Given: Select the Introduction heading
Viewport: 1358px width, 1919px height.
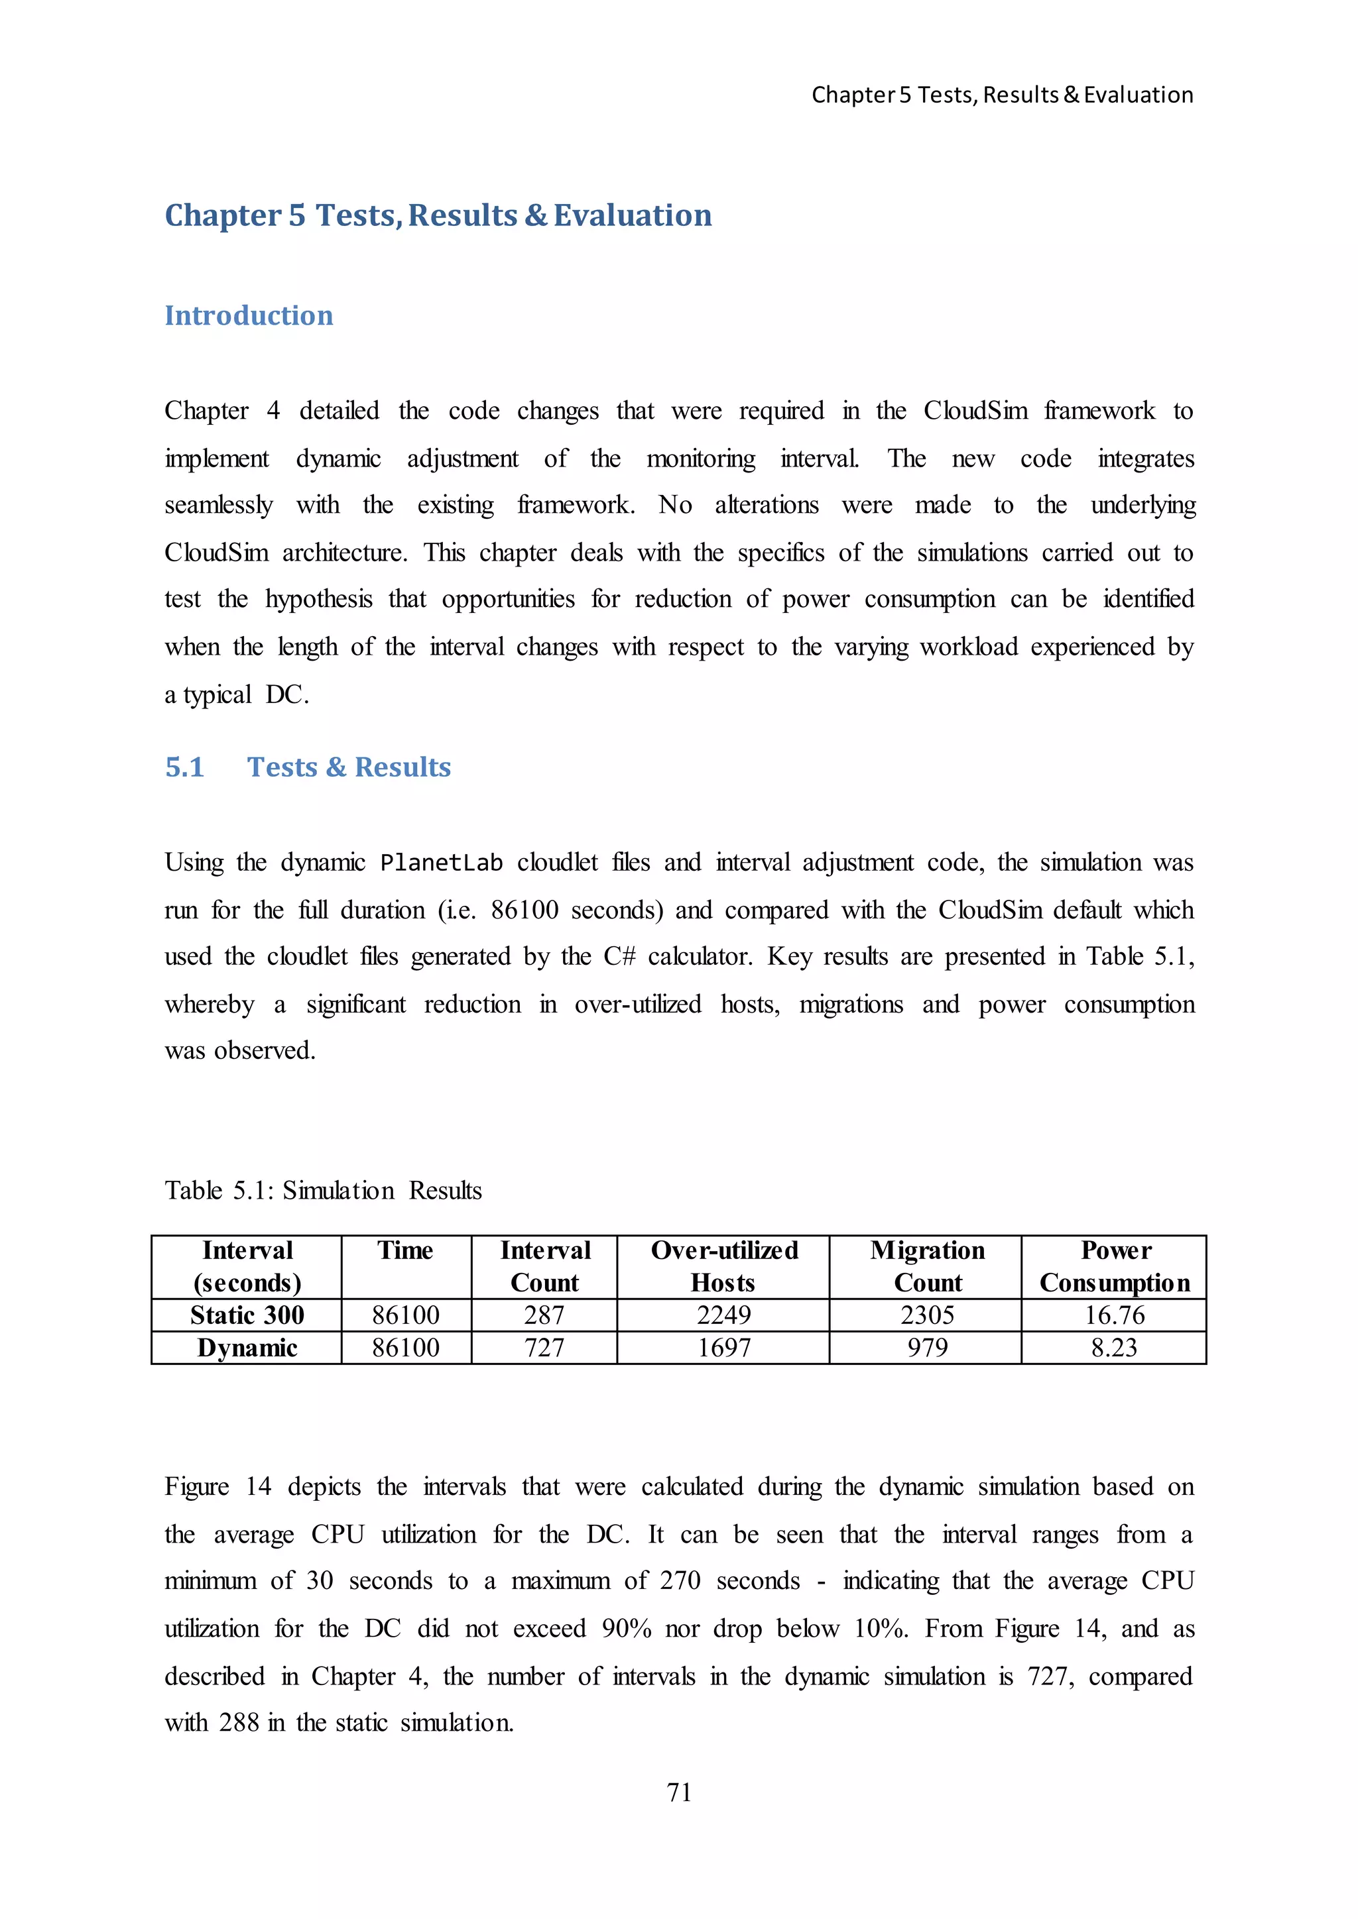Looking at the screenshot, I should coord(249,315).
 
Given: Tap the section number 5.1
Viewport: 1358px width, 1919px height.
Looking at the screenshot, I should coord(185,767).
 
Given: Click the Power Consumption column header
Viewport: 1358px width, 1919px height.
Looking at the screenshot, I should coord(1114,1266).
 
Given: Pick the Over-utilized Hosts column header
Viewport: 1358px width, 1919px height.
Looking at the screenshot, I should coord(723,1266).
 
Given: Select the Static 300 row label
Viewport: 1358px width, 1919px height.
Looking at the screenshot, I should coord(247,1315).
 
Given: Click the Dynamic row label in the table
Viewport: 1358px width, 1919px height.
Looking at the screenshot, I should coord(247,1347).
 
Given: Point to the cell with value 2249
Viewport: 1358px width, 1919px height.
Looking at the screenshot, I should coord(723,1315).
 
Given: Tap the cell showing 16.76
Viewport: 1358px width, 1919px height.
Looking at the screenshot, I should coord(1114,1315).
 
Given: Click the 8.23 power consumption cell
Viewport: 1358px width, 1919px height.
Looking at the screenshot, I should coord(1114,1347).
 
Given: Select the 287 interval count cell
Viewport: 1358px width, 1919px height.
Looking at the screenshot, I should coord(544,1315).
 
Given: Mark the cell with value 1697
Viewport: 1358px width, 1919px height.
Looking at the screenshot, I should coord(723,1347).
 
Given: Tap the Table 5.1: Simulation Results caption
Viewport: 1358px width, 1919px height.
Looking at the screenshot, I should coord(323,1190).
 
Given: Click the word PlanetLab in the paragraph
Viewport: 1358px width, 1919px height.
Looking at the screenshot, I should coord(441,863).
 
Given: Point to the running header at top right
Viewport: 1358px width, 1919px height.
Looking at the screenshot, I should coord(1002,95).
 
